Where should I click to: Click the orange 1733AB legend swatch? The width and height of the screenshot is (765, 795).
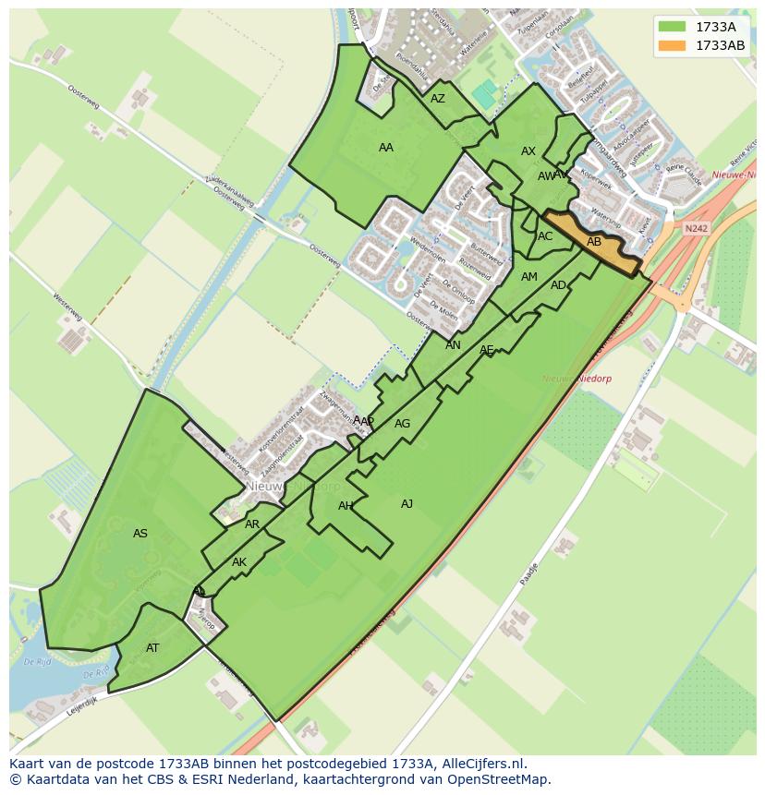(x=673, y=45)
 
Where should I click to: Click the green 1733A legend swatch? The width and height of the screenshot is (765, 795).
(x=673, y=27)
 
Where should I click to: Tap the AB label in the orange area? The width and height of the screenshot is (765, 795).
(x=594, y=242)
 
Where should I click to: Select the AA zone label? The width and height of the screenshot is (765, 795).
(x=386, y=148)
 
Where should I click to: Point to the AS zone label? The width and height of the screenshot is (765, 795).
(x=140, y=534)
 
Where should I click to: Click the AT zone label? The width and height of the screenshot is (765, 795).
(x=152, y=648)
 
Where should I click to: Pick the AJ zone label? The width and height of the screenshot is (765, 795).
(x=407, y=504)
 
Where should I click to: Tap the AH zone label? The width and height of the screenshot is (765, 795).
(x=346, y=506)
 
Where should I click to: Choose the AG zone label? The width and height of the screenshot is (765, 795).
(x=402, y=425)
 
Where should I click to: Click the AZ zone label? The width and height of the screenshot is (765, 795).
(x=438, y=99)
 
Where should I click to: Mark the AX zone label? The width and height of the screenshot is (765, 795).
(x=528, y=151)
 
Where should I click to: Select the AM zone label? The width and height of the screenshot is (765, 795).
(x=529, y=277)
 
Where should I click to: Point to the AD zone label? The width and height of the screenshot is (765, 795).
(x=558, y=285)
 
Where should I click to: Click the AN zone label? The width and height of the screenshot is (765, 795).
(x=453, y=345)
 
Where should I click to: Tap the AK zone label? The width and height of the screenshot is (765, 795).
(x=239, y=562)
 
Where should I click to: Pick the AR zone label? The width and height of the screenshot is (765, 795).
(x=252, y=524)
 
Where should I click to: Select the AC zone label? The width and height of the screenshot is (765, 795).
(x=545, y=236)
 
